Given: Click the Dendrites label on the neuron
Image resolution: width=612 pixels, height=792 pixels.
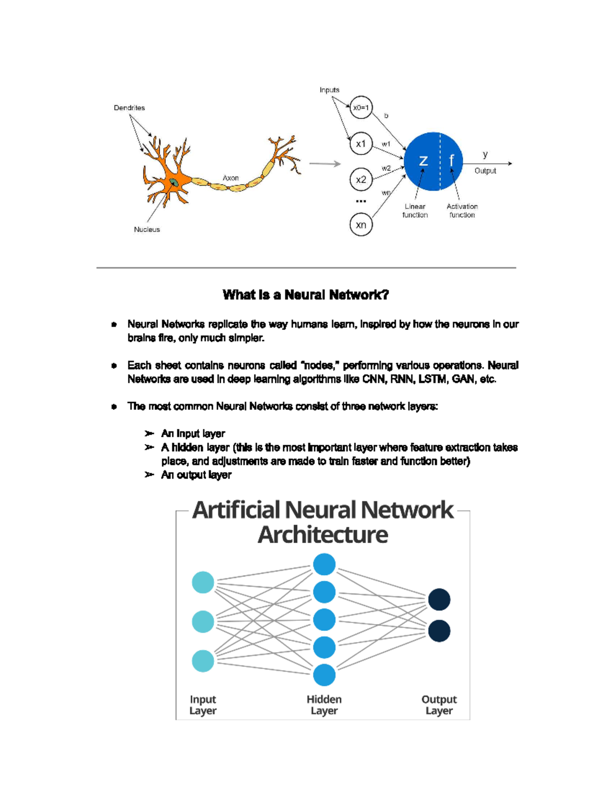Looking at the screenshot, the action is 129,108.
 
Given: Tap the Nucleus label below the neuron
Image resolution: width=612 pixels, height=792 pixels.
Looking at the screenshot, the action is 147,229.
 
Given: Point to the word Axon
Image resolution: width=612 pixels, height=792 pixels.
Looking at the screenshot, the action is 231,178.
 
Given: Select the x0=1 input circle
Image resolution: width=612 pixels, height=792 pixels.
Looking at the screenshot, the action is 361,108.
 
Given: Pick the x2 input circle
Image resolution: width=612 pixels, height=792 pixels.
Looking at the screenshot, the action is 361,180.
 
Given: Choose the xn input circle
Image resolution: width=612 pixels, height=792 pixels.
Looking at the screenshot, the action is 361,224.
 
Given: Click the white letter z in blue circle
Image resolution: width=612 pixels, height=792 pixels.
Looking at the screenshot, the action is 423,161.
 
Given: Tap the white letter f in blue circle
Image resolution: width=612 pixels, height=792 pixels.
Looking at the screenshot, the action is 452,160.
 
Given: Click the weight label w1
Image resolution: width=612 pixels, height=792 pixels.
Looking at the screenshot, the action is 386,144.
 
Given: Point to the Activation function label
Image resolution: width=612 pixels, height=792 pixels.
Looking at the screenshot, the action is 462,211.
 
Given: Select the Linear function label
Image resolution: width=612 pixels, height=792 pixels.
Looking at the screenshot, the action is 415,211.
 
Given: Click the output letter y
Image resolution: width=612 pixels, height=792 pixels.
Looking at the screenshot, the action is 485,155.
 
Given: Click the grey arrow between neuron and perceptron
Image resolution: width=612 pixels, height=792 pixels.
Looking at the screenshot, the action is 325,164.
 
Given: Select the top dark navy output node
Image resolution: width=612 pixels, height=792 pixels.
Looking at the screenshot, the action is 439,599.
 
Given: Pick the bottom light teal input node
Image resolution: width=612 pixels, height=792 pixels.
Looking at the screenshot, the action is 202,661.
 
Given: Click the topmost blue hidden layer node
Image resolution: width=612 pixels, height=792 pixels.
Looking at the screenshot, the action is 324,564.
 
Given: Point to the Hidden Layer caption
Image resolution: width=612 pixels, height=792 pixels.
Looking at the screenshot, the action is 324,705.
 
